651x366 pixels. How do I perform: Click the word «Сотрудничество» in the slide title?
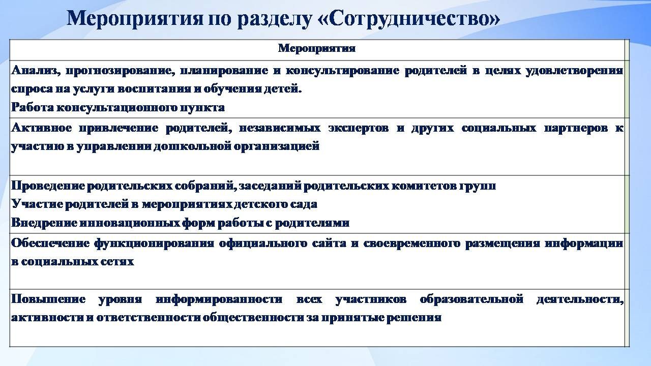coord(409,18)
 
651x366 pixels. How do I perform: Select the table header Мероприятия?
coord(317,48)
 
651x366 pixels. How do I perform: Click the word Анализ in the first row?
coord(36,71)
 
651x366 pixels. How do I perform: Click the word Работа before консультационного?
coord(33,107)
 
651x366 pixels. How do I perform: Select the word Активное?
coord(41,128)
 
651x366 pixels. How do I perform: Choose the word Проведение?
coord(48,186)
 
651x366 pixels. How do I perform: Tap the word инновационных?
coord(129,223)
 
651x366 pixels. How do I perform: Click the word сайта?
coord(329,243)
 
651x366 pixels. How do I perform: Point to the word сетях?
coord(117,262)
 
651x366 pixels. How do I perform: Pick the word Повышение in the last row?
coord(48,299)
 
